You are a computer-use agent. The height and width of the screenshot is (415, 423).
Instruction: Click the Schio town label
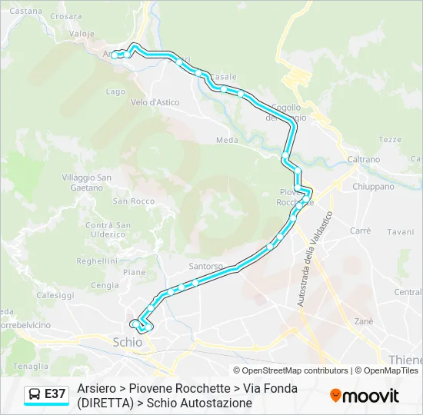[x=127, y=341]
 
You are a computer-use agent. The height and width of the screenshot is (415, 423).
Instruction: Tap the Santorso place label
[x=205, y=266]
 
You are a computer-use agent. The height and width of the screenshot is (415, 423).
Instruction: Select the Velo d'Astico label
[x=155, y=102]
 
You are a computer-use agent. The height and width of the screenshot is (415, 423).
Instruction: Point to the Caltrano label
[x=363, y=159]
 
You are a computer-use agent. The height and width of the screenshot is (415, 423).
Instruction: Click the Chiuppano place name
[x=373, y=186]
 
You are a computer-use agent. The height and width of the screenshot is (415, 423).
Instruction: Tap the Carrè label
[x=360, y=231]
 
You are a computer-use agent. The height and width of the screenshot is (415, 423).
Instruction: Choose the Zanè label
[x=363, y=320]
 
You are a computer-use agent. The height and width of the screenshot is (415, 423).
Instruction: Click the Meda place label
[x=227, y=141]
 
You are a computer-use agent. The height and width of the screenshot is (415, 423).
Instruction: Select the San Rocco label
[x=133, y=201]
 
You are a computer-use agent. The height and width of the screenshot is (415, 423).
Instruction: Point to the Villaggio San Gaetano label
[x=87, y=182]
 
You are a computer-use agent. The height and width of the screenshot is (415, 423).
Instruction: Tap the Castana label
[x=27, y=11]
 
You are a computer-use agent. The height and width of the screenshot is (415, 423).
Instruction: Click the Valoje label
[x=82, y=34]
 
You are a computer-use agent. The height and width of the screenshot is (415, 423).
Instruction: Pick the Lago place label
[x=115, y=91]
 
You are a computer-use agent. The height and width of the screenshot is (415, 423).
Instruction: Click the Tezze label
[x=390, y=139]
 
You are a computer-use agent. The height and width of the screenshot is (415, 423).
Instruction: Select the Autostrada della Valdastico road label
[x=313, y=260]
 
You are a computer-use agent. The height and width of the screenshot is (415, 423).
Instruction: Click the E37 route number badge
[x=55, y=394]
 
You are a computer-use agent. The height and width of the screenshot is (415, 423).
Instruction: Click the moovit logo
[x=365, y=395]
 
